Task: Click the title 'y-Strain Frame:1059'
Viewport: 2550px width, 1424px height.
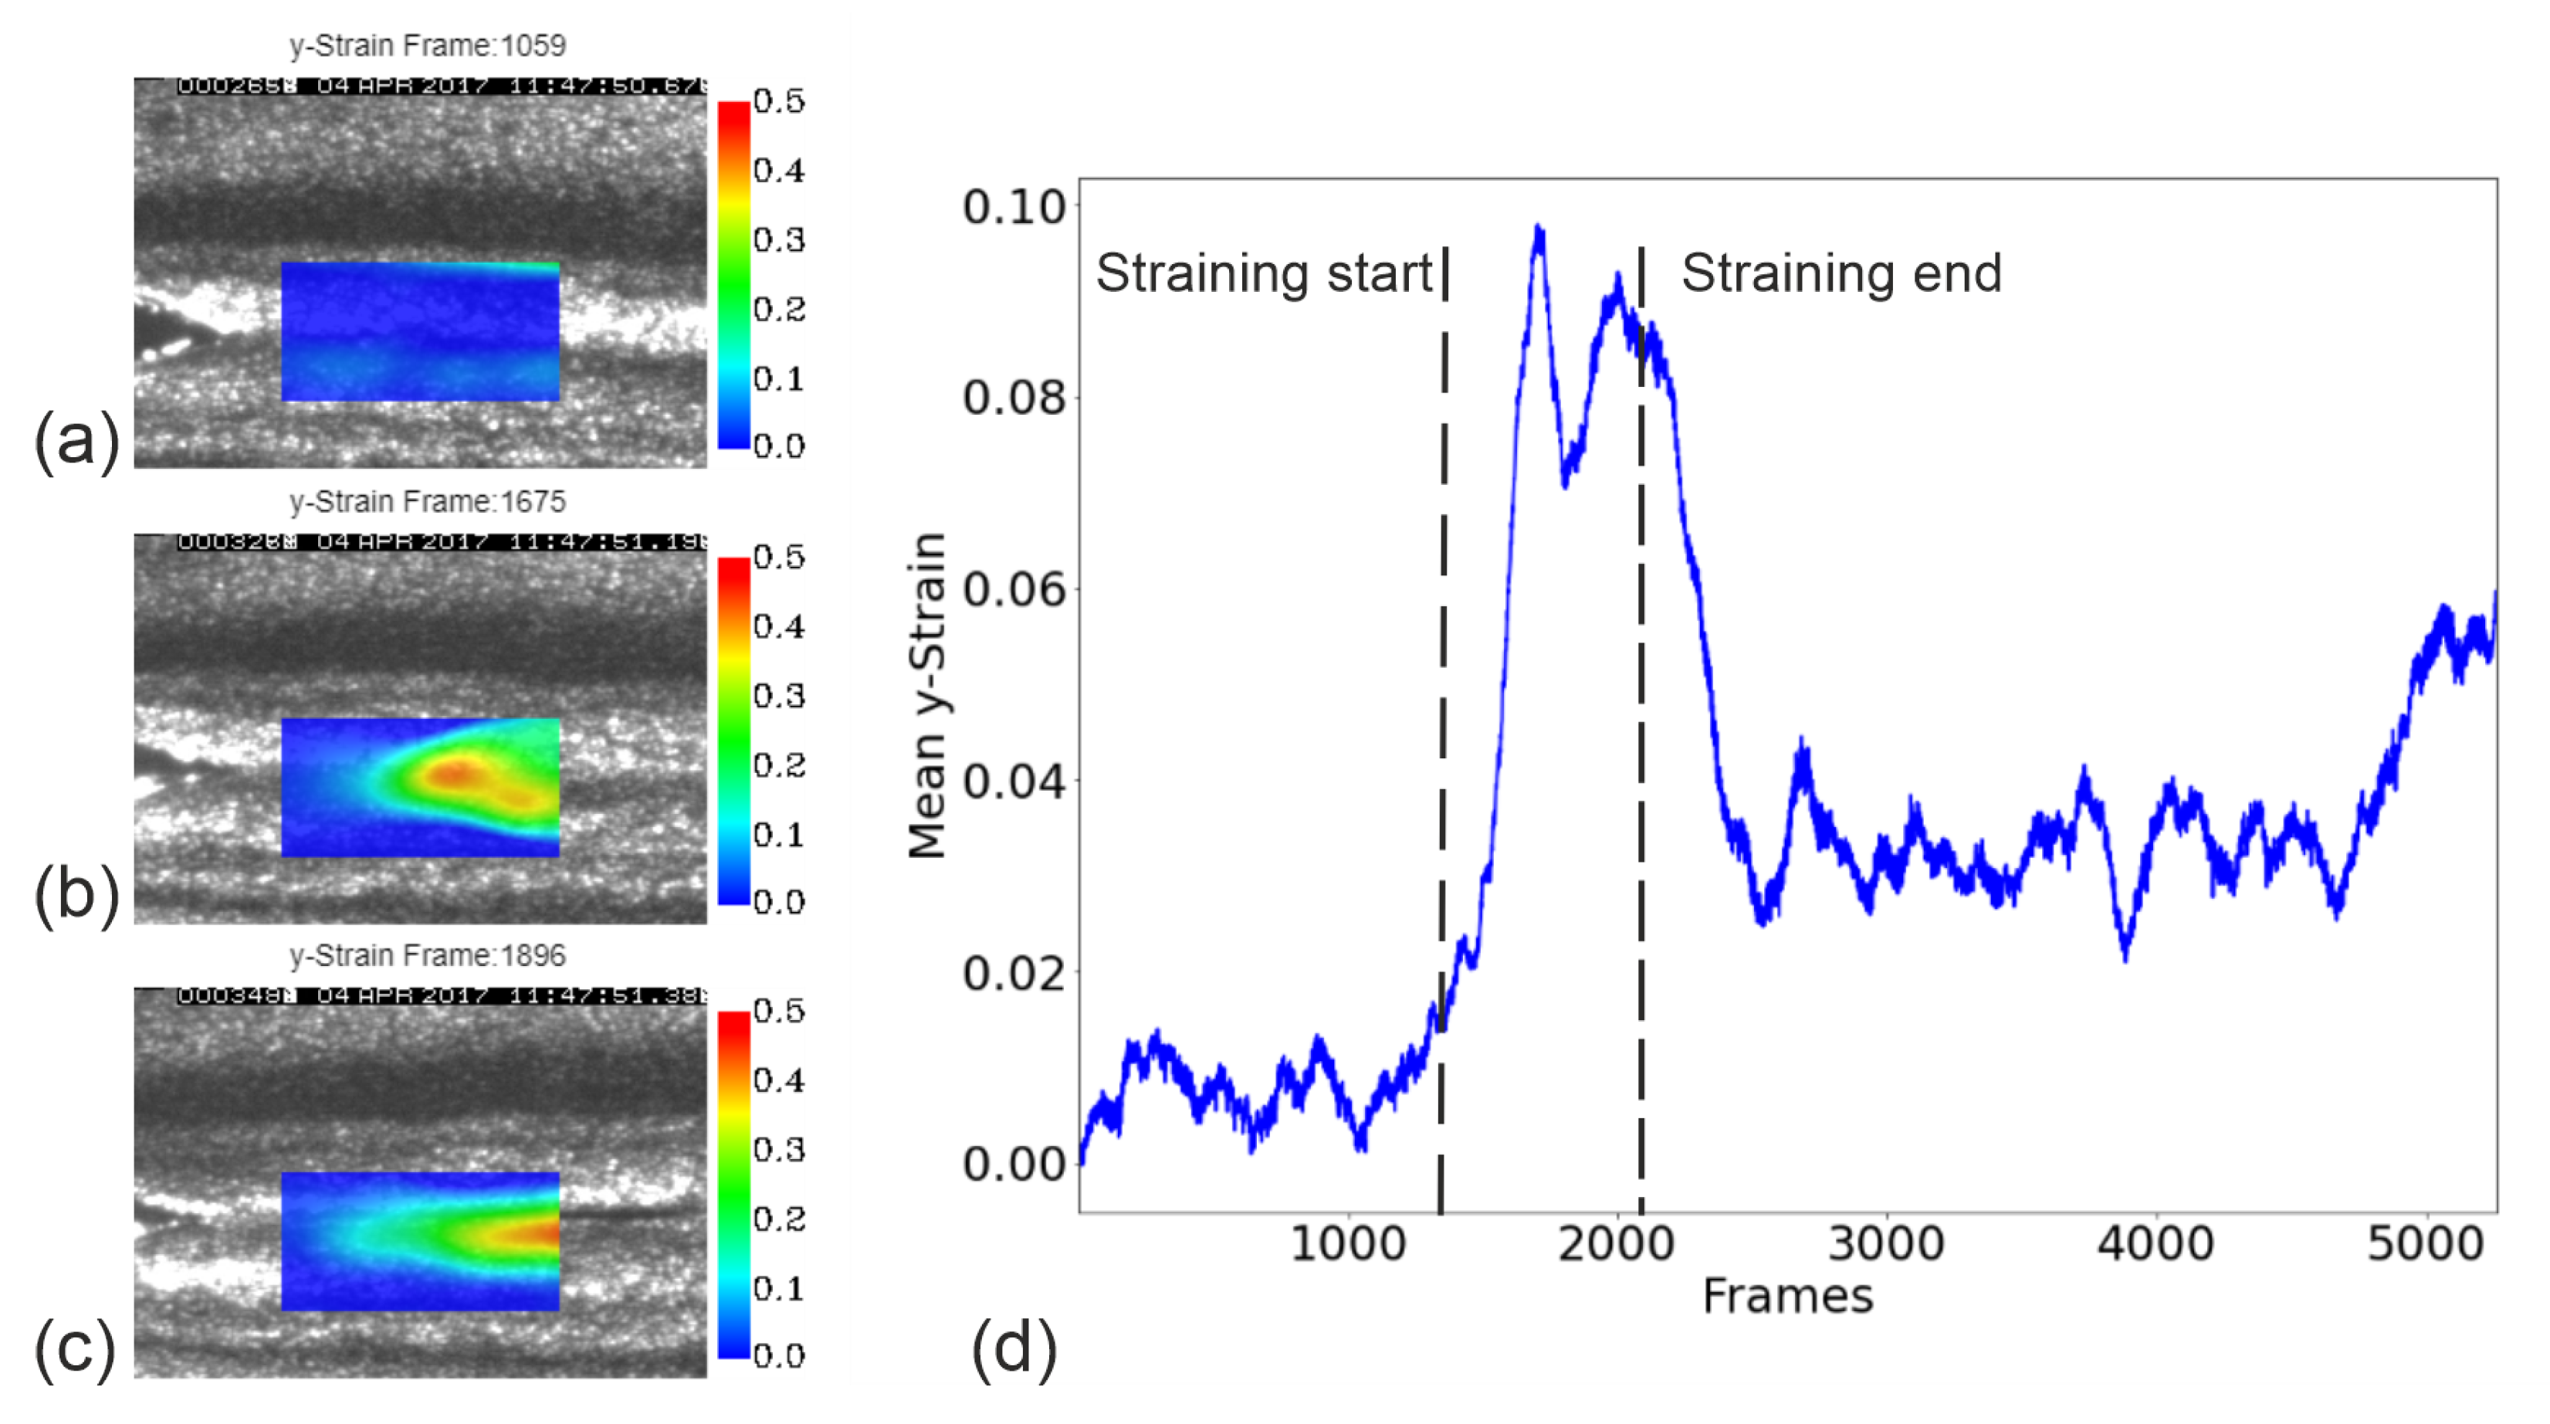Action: (427, 46)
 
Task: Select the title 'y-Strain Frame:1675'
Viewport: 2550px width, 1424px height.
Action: (427, 501)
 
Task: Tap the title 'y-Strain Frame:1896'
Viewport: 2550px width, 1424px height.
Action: (427, 955)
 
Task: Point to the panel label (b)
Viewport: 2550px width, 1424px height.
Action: (76, 895)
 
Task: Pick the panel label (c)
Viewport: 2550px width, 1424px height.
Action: (76, 1349)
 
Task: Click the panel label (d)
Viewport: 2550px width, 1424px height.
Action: (1014, 1349)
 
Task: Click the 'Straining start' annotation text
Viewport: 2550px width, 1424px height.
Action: (1264, 273)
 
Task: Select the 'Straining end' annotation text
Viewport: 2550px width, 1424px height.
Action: (1841, 273)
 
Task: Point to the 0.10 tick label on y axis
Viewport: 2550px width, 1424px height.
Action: (1014, 207)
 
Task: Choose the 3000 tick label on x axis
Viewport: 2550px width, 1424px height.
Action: (1886, 1244)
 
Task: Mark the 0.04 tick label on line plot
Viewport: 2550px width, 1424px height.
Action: (1014, 782)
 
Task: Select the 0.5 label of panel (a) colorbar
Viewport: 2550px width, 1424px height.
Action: (779, 101)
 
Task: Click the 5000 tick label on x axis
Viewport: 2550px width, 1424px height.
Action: (2425, 1244)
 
